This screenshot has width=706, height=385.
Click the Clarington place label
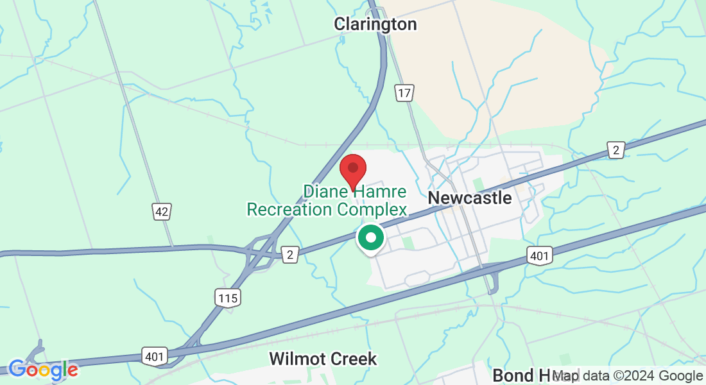pyautogui.click(x=375, y=24)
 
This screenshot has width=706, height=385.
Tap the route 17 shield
pyautogui.click(x=404, y=93)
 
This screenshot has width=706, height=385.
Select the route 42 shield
pyautogui.click(x=162, y=211)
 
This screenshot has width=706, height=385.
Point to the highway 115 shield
pyautogui.click(x=227, y=298)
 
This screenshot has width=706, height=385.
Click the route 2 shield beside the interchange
pyautogui.click(x=291, y=255)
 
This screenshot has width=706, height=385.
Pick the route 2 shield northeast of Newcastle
pyautogui.click(x=616, y=150)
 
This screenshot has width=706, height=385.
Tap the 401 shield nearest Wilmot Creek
pyautogui.click(x=156, y=355)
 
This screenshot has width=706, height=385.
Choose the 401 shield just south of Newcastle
pyautogui.click(x=539, y=257)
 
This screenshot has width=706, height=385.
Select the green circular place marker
pyautogui.click(x=370, y=238)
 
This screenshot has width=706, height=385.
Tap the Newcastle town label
pyautogui.click(x=470, y=198)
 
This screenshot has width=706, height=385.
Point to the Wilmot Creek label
pyautogui.click(x=323, y=359)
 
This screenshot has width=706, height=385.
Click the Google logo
pyautogui.click(x=44, y=370)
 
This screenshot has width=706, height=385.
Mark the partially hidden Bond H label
pyautogui.click(x=520, y=375)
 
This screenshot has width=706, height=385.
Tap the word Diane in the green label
pyautogui.click(x=325, y=191)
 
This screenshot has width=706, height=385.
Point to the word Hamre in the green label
pyautogui.click(x=383, y=191)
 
